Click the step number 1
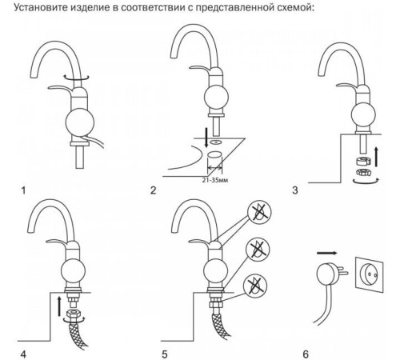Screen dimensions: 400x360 click(x=23, y=190)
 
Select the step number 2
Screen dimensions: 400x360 click(x=153, y=190)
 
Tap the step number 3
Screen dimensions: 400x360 click(x=295, y=190)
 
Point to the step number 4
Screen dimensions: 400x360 click(x=23, y=354)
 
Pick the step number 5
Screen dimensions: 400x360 click(x=165, y=354)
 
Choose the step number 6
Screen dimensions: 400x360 click(x=306, y=354)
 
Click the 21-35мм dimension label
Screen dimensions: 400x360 click(x=215, y=180)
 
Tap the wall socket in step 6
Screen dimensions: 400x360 click(x=370, y=274)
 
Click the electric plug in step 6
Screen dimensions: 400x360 click(x=330, y=274)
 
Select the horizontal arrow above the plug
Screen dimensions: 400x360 click(x=327, y=253)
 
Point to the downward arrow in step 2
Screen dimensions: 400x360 click(x=206, y=138)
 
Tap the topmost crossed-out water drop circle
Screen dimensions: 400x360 click(x=259, y=212)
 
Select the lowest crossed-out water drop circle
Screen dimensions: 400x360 click(x=255, y=286)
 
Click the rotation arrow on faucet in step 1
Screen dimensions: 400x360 click(x=76, y=78)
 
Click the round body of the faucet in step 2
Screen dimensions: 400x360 click(x=216, y=98)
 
